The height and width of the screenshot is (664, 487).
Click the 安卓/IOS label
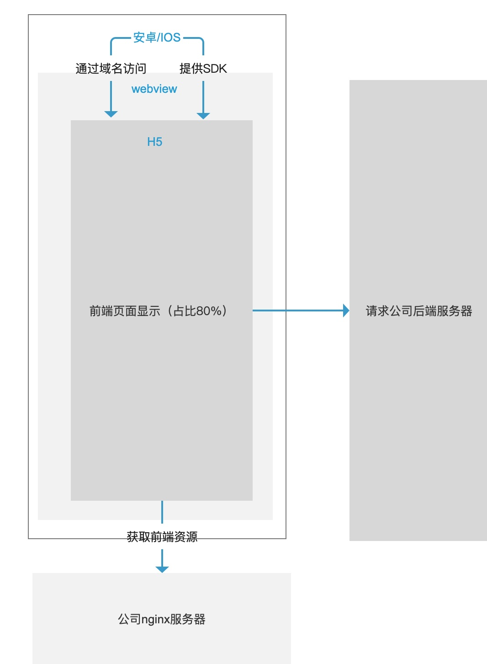pyautogui.click(x=157, y=37)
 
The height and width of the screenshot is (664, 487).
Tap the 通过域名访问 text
pyautogui.click(x=111, y=69)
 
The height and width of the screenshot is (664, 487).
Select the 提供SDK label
pyautogui.click(x=203, y=69)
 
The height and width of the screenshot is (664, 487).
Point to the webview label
pyautogui.click(x=154, y=89)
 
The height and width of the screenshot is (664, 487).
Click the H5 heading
pyautogui.click(x=155, y=142)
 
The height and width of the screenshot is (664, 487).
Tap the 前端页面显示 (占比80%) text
pyautogui.click(x=158, y=311)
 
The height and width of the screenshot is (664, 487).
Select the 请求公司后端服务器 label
pyautogui.click(x=418, y=311)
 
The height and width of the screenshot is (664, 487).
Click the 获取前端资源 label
pyautogui.click(x=162, y=536)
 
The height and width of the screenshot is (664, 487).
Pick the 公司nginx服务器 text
pyautogui.click(x=162, y=619)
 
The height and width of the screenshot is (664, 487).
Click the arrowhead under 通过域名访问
pyautogui.click(x=111, y=114)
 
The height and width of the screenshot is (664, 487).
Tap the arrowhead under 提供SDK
pyautogui.click(x=203, y=116)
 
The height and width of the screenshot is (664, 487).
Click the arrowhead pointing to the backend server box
pyautogui.click(x=346, y=311)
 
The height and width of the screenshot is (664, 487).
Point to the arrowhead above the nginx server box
pyautogui.click(x=162, y=569)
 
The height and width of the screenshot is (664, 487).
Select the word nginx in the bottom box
pyautogui.click(x=155, y=619)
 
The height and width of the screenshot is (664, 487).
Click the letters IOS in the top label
pyautogui.click(x=169, y=37)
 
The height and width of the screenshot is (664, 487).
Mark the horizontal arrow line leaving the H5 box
pyautogui.click(x=297, y=311)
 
